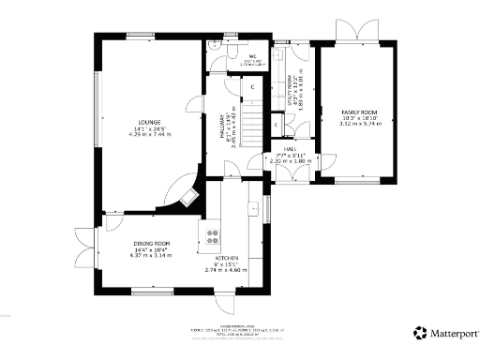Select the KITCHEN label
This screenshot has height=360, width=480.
(x=226, y=258)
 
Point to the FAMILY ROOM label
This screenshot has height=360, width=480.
(x=357, y=112)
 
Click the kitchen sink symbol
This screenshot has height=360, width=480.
(x=253, y=207)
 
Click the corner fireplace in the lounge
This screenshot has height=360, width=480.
(x=190, y=197)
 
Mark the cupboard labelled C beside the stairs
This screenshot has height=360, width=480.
(x=253, y=87)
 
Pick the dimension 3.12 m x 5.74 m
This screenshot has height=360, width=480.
(x=357, y=124)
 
